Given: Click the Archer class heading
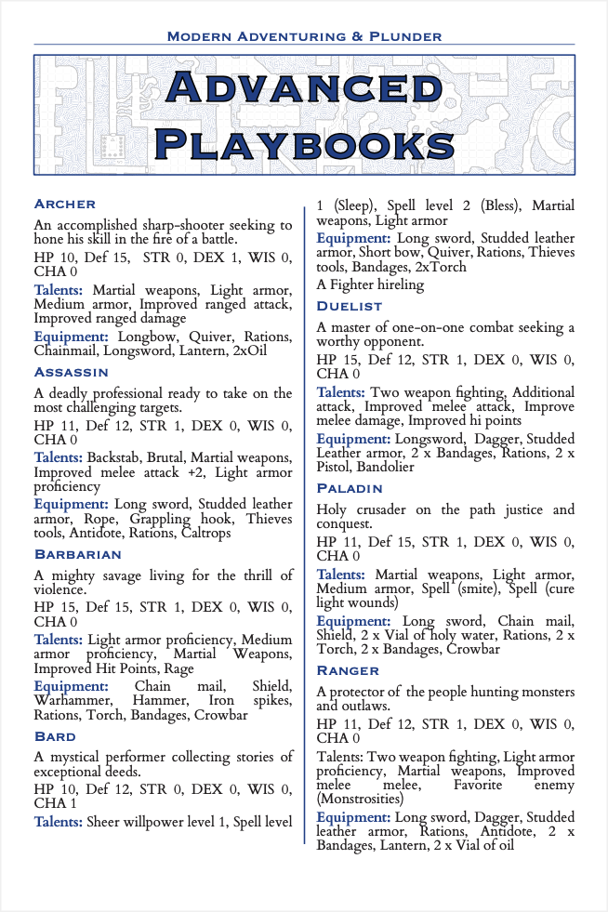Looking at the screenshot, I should tap(64, 204).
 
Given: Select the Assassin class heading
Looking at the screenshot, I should tap(72, 372).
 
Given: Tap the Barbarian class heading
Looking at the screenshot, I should tap(78, 554).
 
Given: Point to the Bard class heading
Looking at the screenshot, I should tap(55, 736).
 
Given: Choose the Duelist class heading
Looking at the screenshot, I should tap(350, 305).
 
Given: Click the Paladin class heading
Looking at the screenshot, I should tap(350, 488).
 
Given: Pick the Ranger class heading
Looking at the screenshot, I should tap(348, 670).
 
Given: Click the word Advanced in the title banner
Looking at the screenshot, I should tap(304, 88).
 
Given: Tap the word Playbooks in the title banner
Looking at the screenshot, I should tap(304, 144).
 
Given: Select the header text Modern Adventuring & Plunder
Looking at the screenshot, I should tap(304, 36).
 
